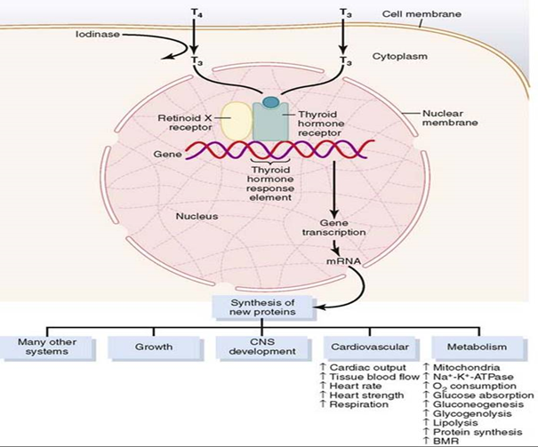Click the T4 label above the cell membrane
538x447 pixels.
(194, 13)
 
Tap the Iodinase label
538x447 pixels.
(98, 35)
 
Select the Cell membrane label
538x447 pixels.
(422, 14)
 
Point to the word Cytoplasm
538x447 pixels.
(400, 56)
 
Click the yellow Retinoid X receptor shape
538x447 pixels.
(236, 121)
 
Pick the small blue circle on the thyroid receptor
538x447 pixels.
(270, 102)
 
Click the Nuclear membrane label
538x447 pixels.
(450, 118)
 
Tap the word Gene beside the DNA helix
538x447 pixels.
(167, 155)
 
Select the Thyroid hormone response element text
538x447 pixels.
(270, 184)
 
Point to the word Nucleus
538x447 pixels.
(197, 216)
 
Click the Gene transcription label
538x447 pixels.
(333, 227)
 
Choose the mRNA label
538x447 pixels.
(343, 261)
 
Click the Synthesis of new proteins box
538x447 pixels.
(263, 307)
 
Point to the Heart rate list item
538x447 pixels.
(350, 386)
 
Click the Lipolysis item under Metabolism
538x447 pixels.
(451, 423)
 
